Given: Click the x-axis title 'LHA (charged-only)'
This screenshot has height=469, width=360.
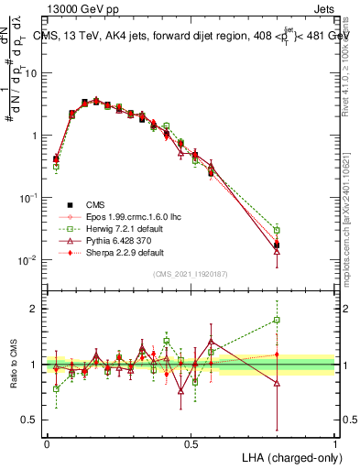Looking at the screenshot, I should (x=289, y=455).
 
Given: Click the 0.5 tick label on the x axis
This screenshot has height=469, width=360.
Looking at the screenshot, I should (x=191, y=444).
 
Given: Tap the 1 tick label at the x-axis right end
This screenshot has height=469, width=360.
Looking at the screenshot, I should (x=335, y=444).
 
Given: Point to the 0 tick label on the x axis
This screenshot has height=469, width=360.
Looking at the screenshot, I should (x=47, y=444).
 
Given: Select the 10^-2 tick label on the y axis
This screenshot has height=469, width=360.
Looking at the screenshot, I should (x=30, y=260).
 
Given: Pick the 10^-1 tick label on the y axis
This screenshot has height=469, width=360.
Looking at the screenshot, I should (x=30, y=197).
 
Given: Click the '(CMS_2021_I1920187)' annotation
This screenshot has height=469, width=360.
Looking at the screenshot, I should (x=191, y=274).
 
